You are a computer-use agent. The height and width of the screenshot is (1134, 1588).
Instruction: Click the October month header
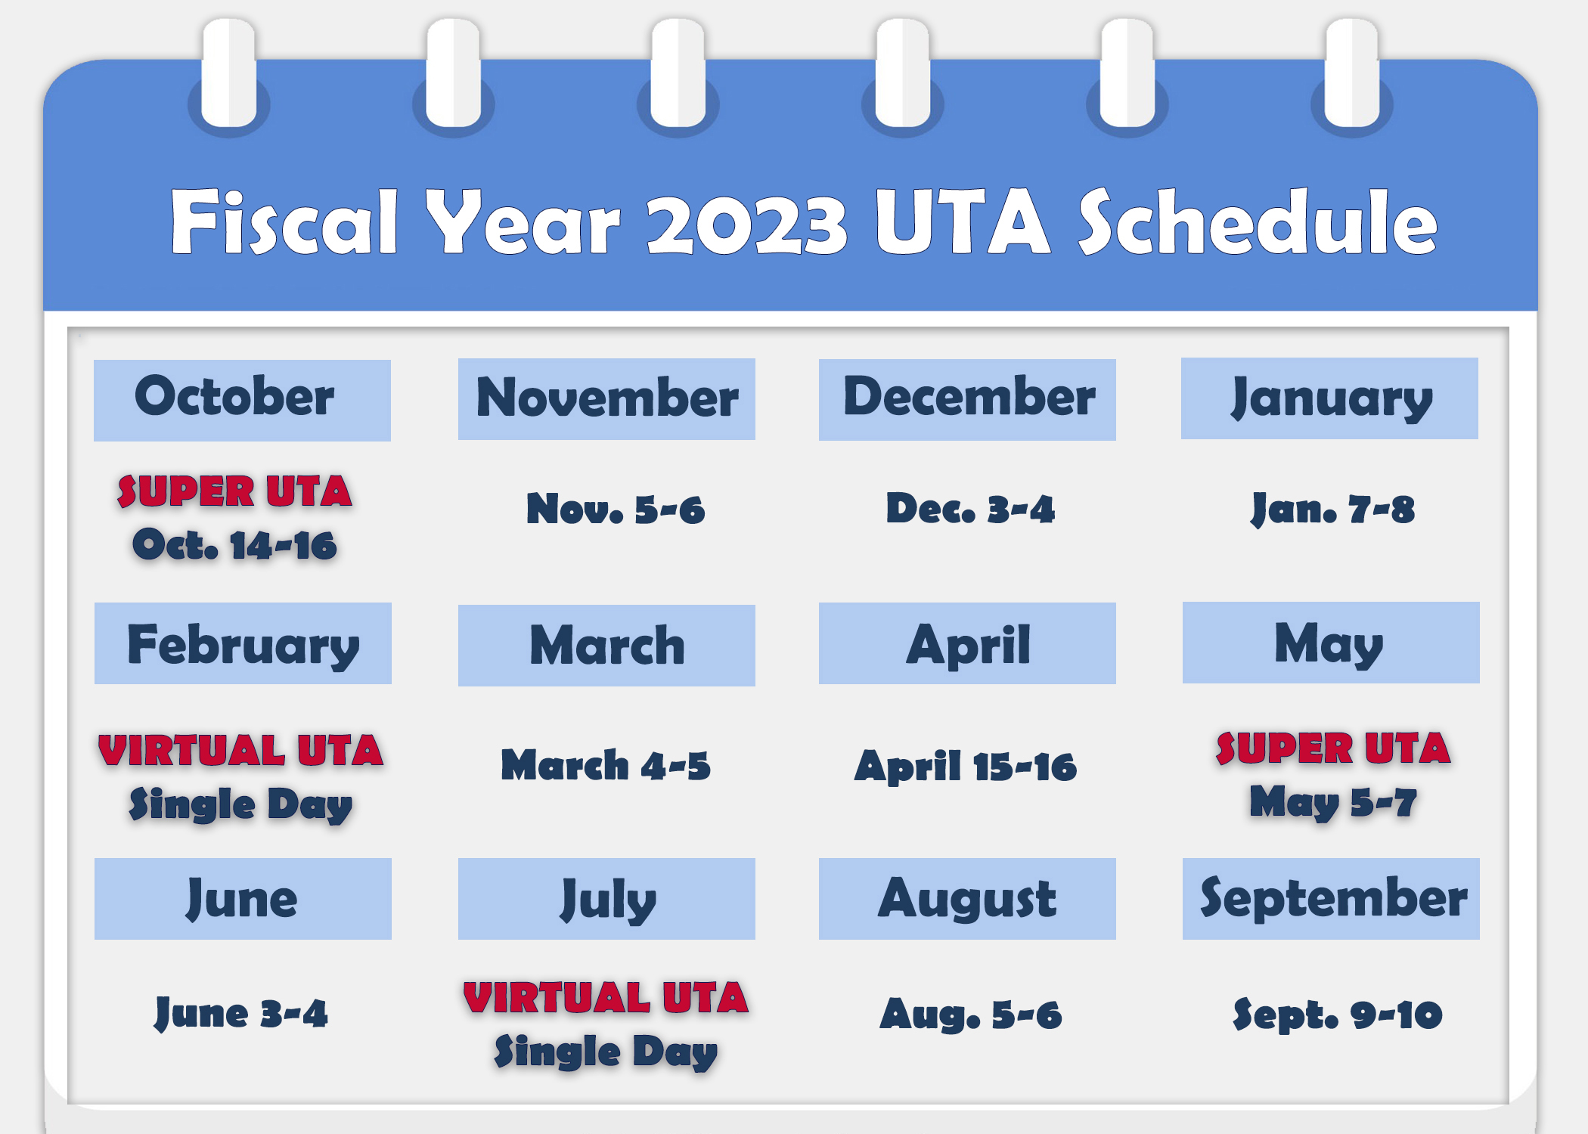pyautogui.click(x=242, y=399)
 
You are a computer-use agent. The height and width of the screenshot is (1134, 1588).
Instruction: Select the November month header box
pyautogui.click(x=606, y=399)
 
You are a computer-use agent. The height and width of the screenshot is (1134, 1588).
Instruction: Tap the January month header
pyautogui.click(x=1329, y=398)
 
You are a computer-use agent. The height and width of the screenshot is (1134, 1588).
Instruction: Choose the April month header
pyautogui.click(x=967, y=644)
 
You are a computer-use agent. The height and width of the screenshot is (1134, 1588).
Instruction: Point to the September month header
pyautogui.click(x=1331, y=899)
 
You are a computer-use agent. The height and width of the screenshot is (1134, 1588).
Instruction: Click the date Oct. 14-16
pyautogui.click(x=234, y=545)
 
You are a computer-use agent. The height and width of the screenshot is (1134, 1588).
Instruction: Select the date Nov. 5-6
pyautogui.click(x=616, y=509)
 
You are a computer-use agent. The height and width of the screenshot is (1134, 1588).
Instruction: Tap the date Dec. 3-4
pyautogui.click(x=970, y=509)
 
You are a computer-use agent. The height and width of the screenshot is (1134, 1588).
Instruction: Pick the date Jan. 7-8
pyautogui.click(x=1332, y=509)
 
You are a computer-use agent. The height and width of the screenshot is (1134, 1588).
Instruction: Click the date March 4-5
pyautogui.click(x=606, y=765)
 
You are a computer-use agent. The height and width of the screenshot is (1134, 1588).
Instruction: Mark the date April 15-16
pyautogui.click(x=966, y=767)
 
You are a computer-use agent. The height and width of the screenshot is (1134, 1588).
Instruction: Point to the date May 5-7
pyautogui.click(x=1332, y=803)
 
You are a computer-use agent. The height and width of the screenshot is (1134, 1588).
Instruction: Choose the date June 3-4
pyautogui.click(x=241, y=1013)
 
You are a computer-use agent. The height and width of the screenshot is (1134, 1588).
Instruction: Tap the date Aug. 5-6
pyautogui.click(x=971, y=1015)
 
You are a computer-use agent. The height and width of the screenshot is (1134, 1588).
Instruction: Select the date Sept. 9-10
pyautogui.click(x=1337, y=1015)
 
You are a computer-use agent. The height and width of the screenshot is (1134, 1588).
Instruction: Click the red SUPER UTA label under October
pyautogui.click(x=234, y=491)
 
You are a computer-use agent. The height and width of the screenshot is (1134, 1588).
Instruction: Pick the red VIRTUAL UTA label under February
pyautogui.click(x=240, y=751)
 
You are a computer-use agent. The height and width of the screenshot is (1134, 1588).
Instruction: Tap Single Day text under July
pyautogui.click(x=606, y=1052)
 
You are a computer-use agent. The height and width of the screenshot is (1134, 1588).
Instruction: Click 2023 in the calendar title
pyautogui.click(x=746, y=223)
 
